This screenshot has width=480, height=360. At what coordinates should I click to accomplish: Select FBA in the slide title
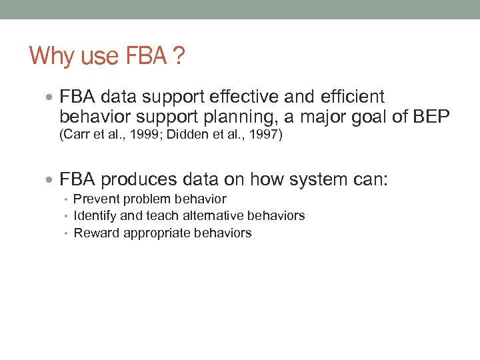[x=145, y=56]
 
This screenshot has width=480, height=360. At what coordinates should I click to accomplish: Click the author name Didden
[x=178, y=136]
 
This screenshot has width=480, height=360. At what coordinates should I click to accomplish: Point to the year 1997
[x=263, y=136]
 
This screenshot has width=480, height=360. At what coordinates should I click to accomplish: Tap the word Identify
[x=94, y=216]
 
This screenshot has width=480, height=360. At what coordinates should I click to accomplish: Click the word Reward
[x=93, y=233]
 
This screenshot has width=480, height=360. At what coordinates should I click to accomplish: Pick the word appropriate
[x=157, y=233]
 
